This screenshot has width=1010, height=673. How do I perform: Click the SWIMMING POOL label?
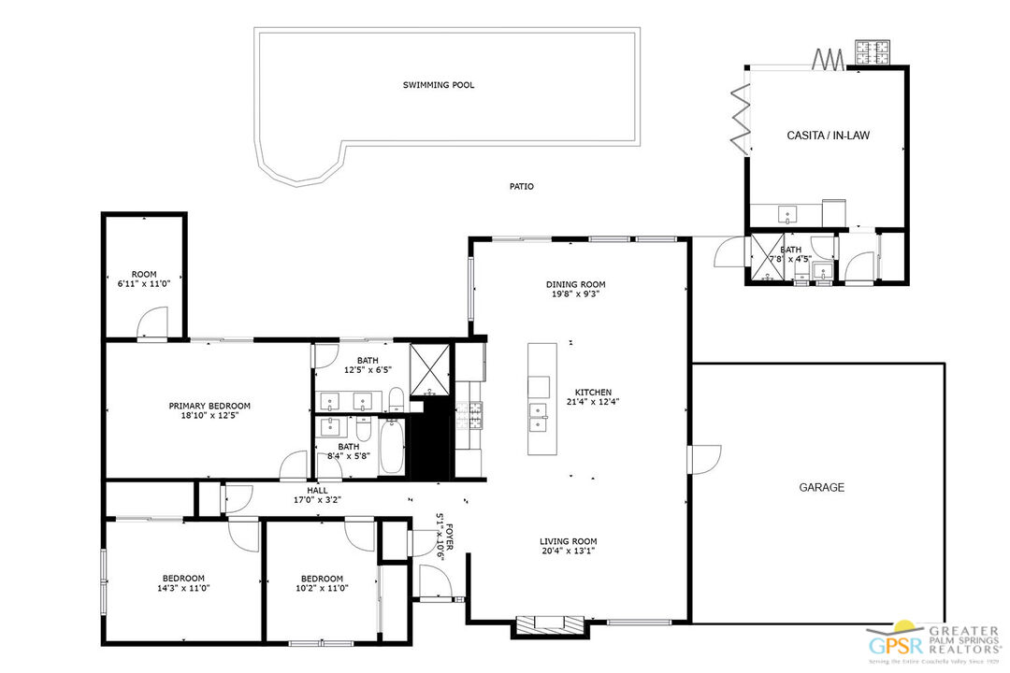tap(439, 85)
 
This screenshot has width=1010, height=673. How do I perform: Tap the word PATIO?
tap(522, 187)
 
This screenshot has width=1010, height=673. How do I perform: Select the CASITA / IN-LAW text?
tap(828, 136)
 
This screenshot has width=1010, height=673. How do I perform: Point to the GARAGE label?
tap(821, 487)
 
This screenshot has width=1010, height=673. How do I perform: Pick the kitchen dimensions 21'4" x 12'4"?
tap(593, 403)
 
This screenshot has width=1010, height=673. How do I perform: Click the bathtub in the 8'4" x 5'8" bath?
tap(391, 448)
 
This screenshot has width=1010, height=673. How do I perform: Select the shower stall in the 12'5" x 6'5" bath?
tap(430, 368)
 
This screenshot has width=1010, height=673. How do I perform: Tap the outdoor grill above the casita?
tap(873, 54)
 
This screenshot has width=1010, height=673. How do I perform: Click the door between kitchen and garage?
tap(703, 459)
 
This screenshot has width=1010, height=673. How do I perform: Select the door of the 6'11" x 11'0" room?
tap(151, 325)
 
